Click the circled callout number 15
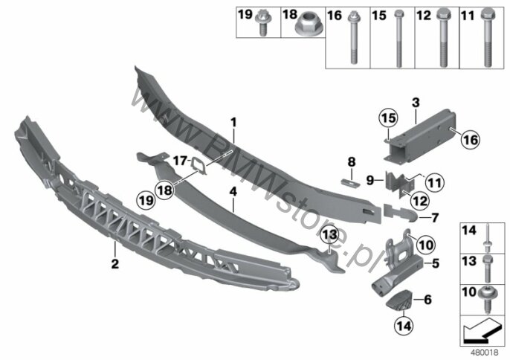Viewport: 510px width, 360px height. point(389,118)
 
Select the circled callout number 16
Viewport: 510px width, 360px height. point(471,139)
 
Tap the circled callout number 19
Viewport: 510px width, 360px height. point(146,200)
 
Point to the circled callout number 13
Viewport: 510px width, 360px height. point(329,235)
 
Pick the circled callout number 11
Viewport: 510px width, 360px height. point(434,183)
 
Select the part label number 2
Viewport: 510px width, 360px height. point(115,263)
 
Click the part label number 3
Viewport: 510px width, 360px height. point(416,103)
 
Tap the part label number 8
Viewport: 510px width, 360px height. point(351,161)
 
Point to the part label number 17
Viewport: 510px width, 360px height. point(180,161)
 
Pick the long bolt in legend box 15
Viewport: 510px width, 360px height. point(398,39)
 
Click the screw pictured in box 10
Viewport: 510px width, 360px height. point(487,300)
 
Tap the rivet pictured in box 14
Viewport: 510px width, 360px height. point(487,240)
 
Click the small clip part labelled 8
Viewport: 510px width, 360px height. point(350,181)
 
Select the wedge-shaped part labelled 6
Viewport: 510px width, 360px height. point(398,300)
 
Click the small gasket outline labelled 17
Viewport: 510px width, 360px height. point(198,165)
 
